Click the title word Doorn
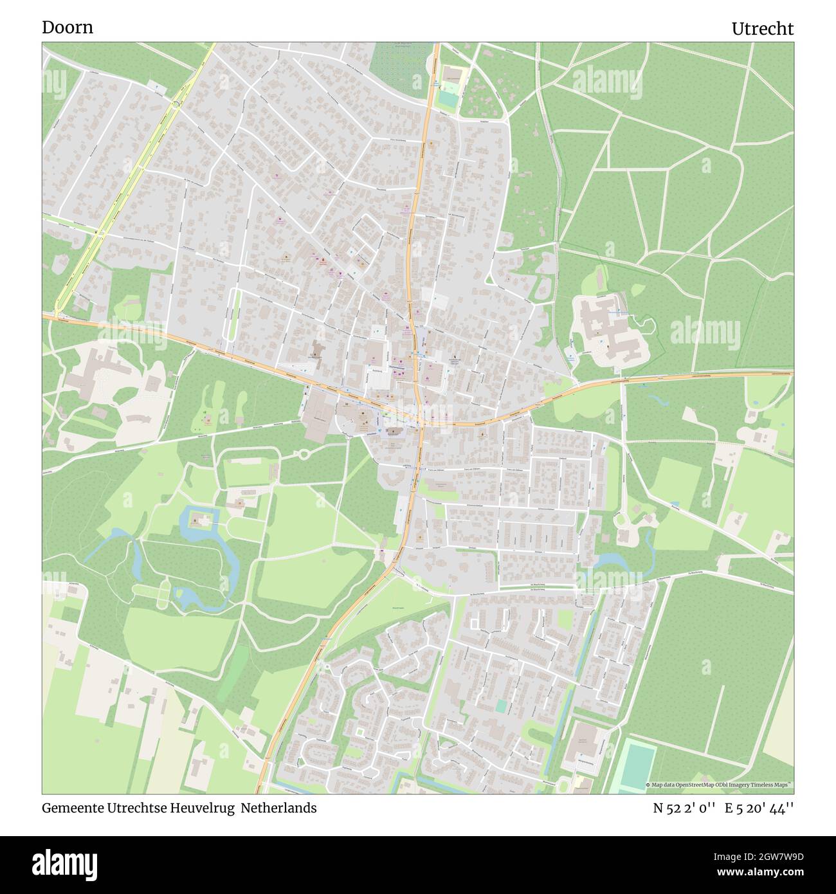68,28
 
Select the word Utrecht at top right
762,29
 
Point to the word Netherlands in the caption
279,808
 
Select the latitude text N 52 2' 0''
684,808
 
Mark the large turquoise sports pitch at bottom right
637,765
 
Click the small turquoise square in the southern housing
501,706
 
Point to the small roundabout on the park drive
304,453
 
